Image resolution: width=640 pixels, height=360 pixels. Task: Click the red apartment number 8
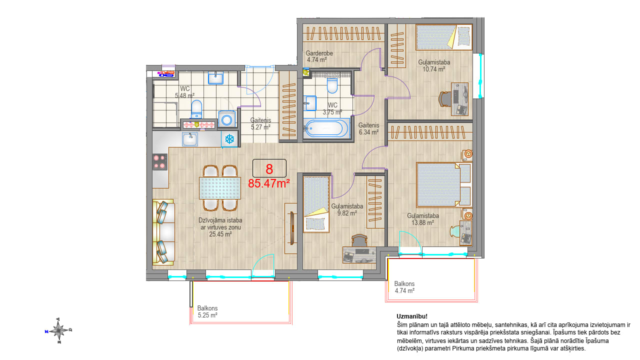(269, 169)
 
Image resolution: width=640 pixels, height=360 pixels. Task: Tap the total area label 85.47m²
(269, 183)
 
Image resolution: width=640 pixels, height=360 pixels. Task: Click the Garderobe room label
(319, 53)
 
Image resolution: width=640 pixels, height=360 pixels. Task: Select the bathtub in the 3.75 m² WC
(325, 128)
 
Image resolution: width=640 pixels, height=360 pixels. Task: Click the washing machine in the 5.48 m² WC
(227, 119)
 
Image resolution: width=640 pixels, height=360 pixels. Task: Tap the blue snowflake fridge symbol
(229, 139)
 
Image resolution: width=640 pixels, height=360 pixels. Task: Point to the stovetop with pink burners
(159, 162)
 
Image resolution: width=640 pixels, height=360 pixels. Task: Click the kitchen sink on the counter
(190, 139)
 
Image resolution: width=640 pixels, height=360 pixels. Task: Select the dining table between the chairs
(220, 188)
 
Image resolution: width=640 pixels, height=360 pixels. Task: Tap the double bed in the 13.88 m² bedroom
(443, 185)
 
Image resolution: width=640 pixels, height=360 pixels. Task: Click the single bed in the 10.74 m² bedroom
(443, 37)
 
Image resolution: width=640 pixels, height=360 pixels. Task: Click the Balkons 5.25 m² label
(207, 311)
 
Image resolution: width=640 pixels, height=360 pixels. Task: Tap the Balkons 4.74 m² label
(404, 287)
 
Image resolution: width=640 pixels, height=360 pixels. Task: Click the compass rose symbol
(59, 330)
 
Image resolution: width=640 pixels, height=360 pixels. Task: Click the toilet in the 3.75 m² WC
(332, 85)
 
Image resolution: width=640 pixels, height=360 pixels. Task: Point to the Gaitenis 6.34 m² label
(369, 128)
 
